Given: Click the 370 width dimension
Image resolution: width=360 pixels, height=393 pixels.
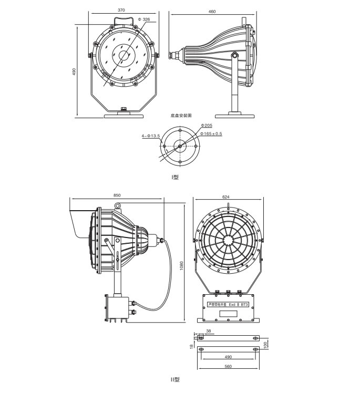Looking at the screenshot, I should click(121, 10).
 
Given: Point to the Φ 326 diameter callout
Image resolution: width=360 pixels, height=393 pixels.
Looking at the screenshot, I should click(144, 19).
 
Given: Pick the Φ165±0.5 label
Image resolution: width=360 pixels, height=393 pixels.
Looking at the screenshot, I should click(211, 134).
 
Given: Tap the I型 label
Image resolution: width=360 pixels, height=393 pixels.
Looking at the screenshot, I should click(175, 177).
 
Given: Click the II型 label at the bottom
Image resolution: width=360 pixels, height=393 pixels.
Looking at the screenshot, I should click(175, 379).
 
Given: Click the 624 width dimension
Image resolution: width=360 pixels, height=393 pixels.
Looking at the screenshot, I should click(226, 197).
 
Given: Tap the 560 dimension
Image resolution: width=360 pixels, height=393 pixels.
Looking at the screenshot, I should click(228, 367).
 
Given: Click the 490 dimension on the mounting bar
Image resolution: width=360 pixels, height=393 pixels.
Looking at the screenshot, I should click(228, 357).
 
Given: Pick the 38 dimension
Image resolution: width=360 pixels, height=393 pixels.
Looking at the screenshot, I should click(209, 331).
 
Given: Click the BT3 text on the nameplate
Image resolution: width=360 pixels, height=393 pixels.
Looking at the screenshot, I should click(245, 304).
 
